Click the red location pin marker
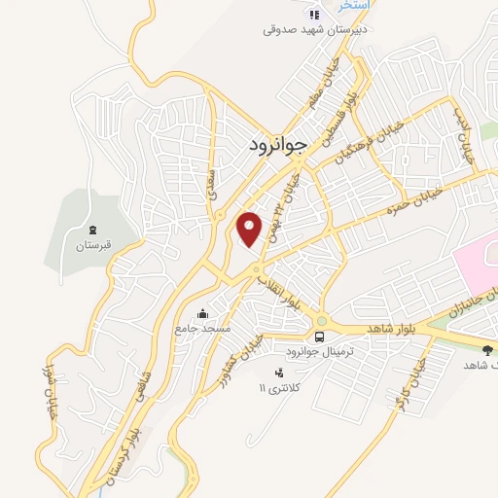[251, 228]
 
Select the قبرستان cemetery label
[94, 245]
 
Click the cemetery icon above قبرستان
[93, 230]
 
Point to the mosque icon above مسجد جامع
[202, 313]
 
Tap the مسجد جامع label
[202, 329]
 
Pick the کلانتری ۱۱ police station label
[276, 388]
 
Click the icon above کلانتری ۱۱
[280, 372]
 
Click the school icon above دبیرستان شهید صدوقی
[313, 14]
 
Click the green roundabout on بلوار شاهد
[320, 322]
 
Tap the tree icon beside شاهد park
[487, 348]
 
